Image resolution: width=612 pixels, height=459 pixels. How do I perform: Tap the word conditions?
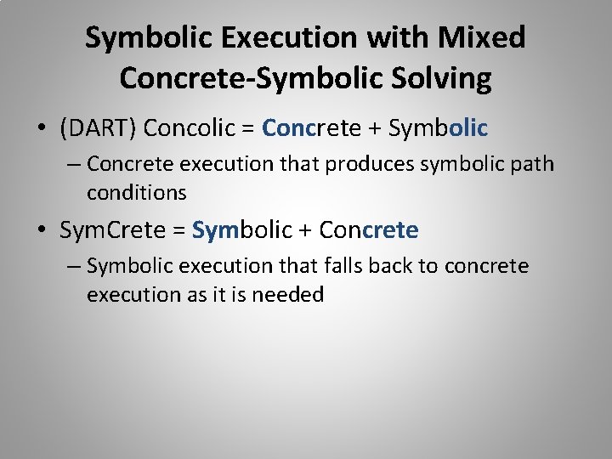pyautogui.click(x=136, y=193)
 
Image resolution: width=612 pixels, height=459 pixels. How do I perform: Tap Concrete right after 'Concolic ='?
pyautogui.click(x=310, y=128)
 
